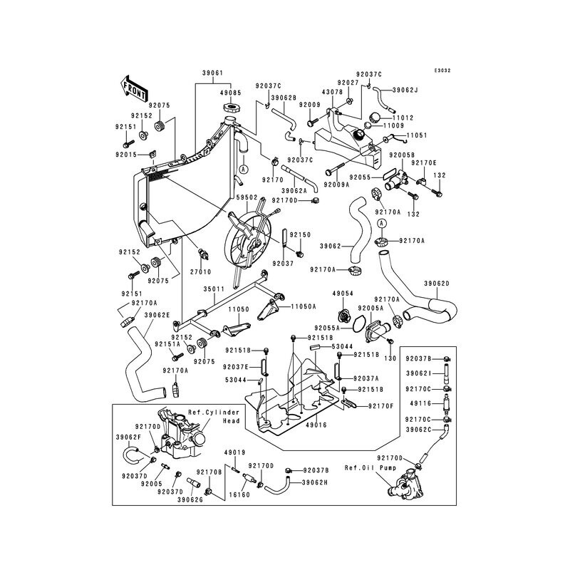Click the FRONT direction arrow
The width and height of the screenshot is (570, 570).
click(133, 88)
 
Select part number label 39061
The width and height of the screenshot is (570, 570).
click(212, 73)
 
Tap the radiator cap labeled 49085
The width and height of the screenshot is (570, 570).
click(229, 108)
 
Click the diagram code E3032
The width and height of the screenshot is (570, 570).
click(442, 71)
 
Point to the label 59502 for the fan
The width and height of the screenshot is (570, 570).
click(247, 198)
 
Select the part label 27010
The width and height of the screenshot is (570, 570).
click(201, 271)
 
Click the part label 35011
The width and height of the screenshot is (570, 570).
click(214, 289)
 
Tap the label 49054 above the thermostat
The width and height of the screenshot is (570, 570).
click(343, 293)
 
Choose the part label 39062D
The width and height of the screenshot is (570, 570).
click(437, 283)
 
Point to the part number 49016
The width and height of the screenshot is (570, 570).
click(316, 425)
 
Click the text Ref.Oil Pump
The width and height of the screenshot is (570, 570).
click(370, 468)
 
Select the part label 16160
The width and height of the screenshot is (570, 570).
click(239, 494)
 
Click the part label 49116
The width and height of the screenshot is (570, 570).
click(420, 403)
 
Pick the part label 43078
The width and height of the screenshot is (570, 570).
click(332, 93)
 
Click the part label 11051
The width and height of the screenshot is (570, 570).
click(417, 135)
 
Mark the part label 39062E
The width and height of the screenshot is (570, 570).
click(157, 315)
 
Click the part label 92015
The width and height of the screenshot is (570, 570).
click(126, 155)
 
